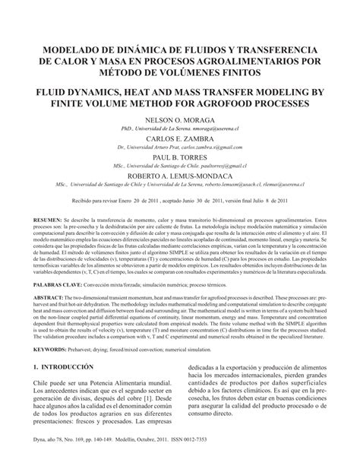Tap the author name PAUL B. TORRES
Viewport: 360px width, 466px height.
179,158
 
